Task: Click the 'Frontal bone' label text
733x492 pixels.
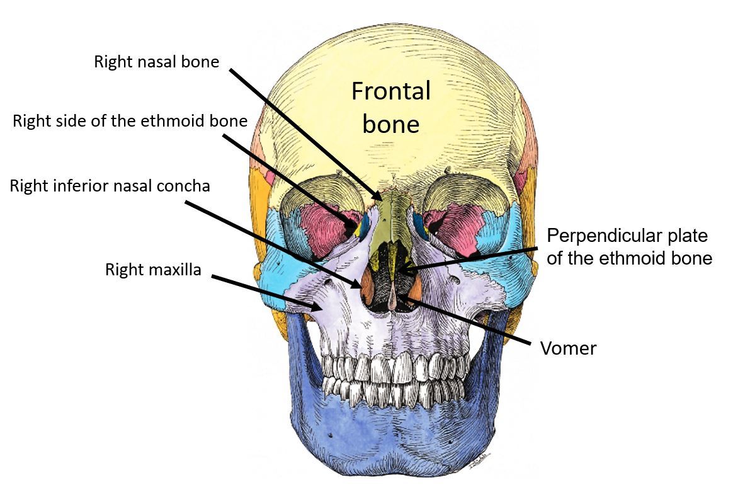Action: click(390, 107)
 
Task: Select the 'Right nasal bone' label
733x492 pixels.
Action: click(156, 62)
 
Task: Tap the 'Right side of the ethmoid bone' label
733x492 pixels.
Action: click(130, 121)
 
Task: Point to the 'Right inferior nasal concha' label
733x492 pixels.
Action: click(110, 186)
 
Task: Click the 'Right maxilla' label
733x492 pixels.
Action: click(153, 270)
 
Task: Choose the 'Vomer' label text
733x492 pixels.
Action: click(568, 348)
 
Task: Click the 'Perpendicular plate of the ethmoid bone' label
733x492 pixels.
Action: click(628, 247)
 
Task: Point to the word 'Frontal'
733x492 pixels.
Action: click(390, 91)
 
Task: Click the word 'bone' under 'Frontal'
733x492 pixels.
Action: click(390, 123)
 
